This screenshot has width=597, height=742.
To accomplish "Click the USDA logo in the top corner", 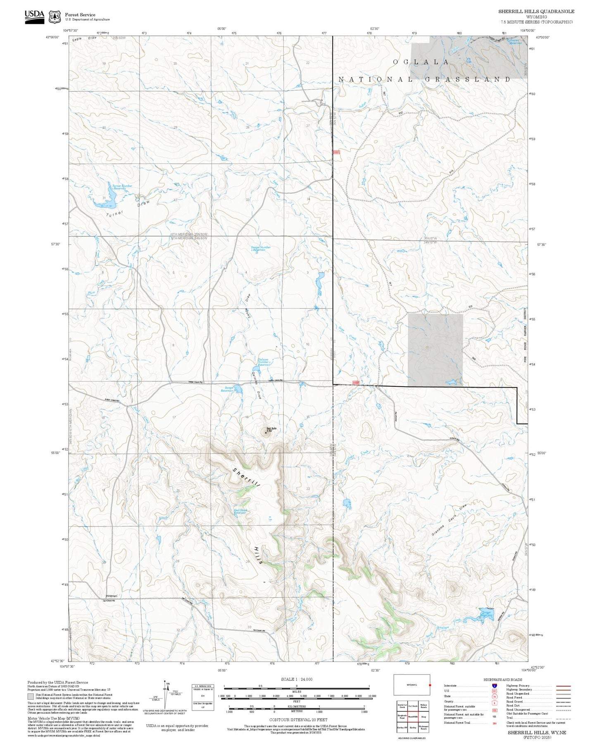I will pyautogui.click(x=34, y=16).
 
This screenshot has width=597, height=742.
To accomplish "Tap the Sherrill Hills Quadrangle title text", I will pyautogui.click(x=536, y=11).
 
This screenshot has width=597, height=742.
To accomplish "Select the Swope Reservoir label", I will pyautogui.click(x=227, y=389).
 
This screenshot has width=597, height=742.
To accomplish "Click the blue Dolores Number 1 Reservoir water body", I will pyautogui.click(x=255, y=369).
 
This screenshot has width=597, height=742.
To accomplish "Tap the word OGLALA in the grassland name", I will pyautogui.click(x=421, y=62).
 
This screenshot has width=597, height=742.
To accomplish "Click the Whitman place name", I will pyautogui.click(x=112, y=595).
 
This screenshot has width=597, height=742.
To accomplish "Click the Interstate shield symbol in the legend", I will pyautogui.click(x=494, y=685).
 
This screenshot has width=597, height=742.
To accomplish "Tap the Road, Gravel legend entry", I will pyautogui.click(x=514, y=702).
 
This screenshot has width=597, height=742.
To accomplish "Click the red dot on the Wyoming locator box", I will pyautogui.click(x=430, y=685).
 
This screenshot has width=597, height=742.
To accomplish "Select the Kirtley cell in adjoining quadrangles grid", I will pyautogui.click(x=412, y=727).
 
